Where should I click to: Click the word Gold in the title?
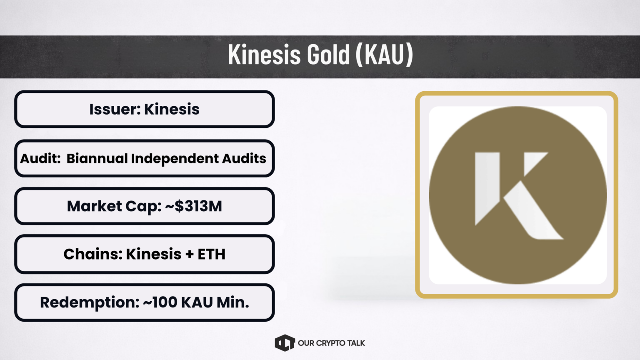[328, 54]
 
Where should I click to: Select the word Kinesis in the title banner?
[264, 54]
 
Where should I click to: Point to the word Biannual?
[97, 158]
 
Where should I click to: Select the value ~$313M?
[193, 206]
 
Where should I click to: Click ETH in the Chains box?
[211, 254]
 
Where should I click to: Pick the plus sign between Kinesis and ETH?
[190, 254]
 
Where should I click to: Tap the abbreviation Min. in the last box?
[233, 302]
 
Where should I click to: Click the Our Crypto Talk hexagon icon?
[285, 343]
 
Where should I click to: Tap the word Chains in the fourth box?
[93, 254]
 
